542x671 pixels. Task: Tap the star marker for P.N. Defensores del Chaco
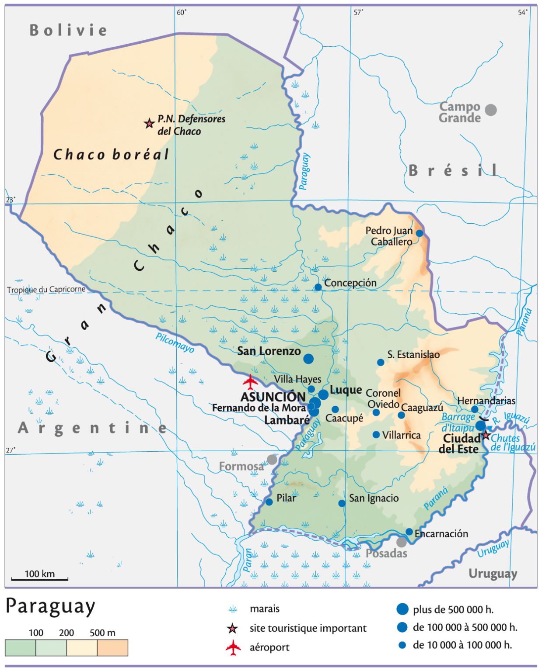point(149,124)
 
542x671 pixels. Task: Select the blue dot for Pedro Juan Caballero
point(419,233)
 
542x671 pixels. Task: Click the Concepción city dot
point(318,287)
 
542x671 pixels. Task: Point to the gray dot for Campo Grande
point(491,110)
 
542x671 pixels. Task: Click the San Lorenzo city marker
point(308,359)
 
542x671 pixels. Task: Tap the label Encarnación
point(441,533)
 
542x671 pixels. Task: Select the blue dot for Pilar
point(269,502)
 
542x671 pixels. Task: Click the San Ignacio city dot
point(342,503)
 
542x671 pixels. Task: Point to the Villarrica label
point(401,435)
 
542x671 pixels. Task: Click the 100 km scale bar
point(39,579)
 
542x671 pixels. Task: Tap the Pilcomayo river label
point(175,343)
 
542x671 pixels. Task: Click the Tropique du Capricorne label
point(46,290)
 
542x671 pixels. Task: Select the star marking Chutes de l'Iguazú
point(486,435)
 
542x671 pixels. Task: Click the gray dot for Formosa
point(272,460)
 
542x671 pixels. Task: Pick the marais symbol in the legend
point(233,609)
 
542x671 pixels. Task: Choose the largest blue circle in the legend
point(402,609)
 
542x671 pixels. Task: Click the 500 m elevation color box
point(112,647)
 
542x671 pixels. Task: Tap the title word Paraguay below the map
point(50,607)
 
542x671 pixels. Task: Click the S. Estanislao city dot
point(381,362)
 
